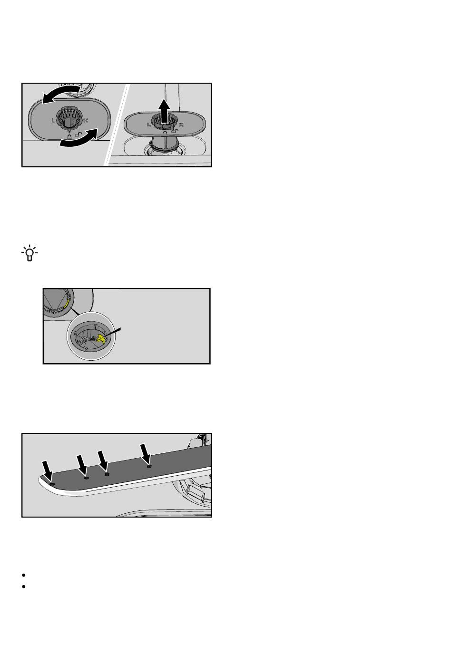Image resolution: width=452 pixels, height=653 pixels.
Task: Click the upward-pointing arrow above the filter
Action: pos(164,111)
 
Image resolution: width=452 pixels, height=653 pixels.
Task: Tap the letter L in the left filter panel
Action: pos(53,120)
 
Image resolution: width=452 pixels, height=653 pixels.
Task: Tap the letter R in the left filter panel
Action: pos(86,120)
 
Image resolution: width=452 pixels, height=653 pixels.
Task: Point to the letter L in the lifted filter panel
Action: pos(148,125)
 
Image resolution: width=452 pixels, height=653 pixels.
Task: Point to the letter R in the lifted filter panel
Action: pos(181,125)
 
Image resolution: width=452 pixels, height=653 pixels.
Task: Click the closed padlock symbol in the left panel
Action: pos(69,135)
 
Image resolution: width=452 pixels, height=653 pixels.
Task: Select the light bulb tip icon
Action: pos(29,253)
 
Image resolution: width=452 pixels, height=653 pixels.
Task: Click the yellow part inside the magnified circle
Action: pos(100,338)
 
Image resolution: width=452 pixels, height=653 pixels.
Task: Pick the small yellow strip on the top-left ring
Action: pos(66,304)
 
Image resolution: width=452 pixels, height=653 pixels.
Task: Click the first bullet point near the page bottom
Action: pos(24,575)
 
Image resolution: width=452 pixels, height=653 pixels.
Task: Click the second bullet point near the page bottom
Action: pos(24,586)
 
